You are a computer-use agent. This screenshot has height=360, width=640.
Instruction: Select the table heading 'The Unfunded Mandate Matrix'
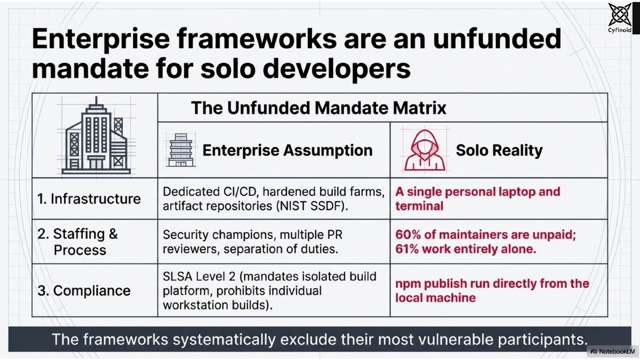tap(318, 108)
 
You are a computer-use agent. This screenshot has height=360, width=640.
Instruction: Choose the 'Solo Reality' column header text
tap(499, 150)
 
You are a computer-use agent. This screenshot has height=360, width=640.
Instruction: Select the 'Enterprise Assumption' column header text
tap(287, 150)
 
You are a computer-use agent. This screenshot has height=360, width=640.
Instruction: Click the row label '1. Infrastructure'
tap(89, 199)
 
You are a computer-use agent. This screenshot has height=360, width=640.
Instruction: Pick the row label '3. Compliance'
tap(84, 291)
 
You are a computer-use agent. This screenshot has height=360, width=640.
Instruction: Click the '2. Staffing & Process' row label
tap(77, 242)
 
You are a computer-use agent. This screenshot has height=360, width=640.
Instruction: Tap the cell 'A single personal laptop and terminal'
tap(477, 198)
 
